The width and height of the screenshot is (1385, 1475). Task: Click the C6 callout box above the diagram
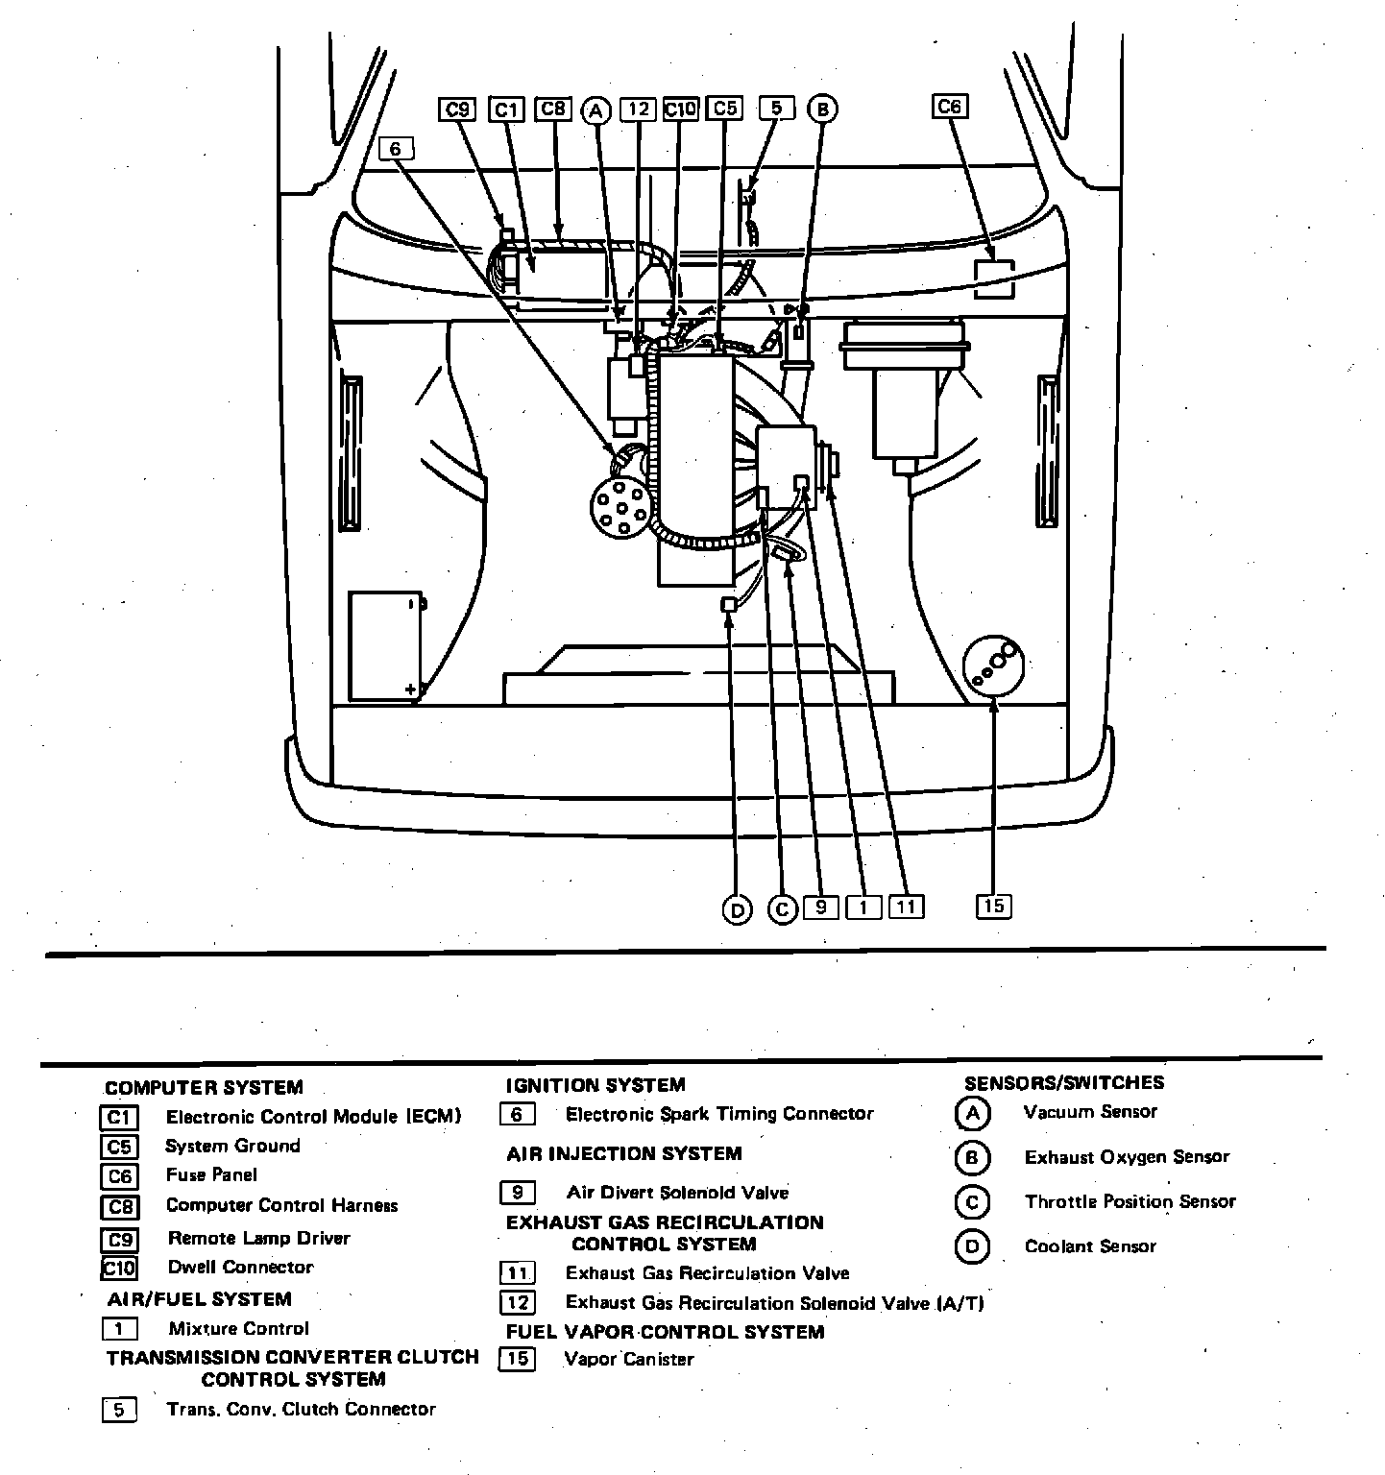pyautogui.click(x=949, y=107)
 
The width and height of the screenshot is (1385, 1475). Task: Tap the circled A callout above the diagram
pyautogui.click(x=596, y=110)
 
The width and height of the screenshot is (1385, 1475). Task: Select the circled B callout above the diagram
pyautogui.click(x=822, y=109)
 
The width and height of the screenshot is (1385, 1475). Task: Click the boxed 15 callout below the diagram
pyautogui.click(x=994, y=906)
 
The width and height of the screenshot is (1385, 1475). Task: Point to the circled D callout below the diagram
pyautogui.click(x=737, y=909)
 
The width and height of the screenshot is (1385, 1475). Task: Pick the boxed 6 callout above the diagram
pyautogui.click(x=396, y=149)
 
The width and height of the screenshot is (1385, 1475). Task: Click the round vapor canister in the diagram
pyautogui.click(x=993, y=666)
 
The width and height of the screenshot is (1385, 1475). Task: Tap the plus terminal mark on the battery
pyautogui.click(x=411, y=689)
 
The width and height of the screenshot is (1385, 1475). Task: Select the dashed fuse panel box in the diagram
pyautogui.click(x=994, y=278)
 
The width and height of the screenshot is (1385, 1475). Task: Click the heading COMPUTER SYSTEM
pyautogui.click(x=204, y=1088)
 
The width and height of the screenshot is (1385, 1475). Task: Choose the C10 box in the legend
pyautogui.click(x=120, y=1268)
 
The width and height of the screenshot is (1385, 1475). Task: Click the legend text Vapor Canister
pyautogui.click(x=629, y=1360)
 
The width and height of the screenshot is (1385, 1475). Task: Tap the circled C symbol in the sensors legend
pyautogui.click(x=972, y=1202)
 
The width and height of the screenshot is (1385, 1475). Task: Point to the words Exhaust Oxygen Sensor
pyautogui.click(x=1127, y=1157)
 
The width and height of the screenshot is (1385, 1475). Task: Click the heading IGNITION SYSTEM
pyautogui.click(x=595, y=1085)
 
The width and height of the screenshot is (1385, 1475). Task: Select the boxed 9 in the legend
pyautogui.click(x=518, y=1193)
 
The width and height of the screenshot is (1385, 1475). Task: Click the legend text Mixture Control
pyautogui.click(x=238, y=1329)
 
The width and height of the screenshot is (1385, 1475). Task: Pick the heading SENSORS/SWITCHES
pyautogui.click(x=1064, y=1082)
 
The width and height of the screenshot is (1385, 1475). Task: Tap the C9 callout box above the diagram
pyautogui.click(x=458, y=109)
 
